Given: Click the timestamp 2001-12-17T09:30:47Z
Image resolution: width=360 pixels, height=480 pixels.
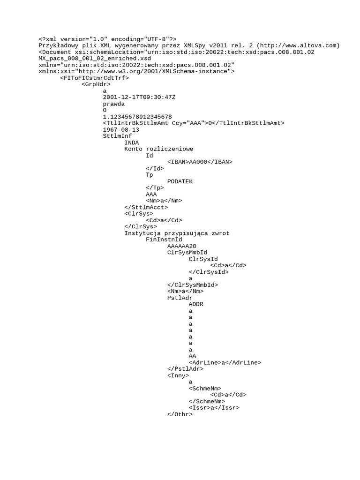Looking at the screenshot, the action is click(139, 97).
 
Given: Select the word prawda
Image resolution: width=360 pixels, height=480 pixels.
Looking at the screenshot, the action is click(114, 104).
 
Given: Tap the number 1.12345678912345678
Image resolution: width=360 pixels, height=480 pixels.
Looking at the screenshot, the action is click(137, 117).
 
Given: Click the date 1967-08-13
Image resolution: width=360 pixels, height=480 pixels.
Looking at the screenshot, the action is click(121, 130).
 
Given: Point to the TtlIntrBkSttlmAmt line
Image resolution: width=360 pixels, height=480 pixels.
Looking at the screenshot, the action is click(194, 123).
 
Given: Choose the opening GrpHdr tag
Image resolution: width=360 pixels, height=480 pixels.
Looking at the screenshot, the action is click(96, 84).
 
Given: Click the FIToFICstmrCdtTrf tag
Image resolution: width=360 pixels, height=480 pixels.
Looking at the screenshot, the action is click(95, 78).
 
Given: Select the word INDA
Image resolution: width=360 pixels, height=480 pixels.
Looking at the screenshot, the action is click(132, 142).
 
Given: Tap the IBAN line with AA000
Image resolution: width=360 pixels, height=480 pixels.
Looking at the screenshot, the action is click(200, 162).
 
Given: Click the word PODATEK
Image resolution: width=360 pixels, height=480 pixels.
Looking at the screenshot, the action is click(180, 181).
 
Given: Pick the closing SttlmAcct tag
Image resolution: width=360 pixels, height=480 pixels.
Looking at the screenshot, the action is click(146, 207).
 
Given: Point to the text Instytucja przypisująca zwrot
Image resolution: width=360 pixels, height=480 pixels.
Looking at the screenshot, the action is click(177, 233).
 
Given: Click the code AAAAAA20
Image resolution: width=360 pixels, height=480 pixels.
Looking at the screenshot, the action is click(182, 246).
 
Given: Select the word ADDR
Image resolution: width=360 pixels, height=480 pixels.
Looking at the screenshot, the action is click(196, 304).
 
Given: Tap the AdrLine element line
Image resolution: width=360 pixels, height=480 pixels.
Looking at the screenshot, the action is click(225, 363).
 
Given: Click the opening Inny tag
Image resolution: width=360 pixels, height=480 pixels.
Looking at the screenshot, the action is click(178, 375).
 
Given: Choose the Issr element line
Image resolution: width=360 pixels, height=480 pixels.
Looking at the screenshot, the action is click(214, 408).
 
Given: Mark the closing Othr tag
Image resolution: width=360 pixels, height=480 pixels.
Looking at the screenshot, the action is click(180, 414).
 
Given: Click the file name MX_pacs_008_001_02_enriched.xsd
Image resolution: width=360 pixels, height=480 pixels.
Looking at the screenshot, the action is click(95, 59).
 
